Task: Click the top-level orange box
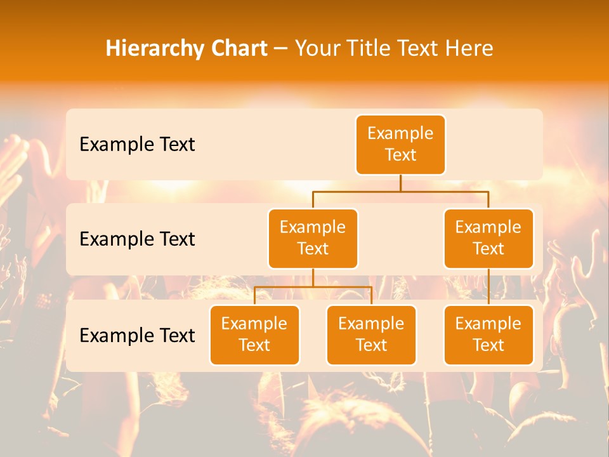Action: click(400, 145)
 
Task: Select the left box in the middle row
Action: click(313, 238)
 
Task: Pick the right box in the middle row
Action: click(488, 238)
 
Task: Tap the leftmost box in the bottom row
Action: click(254, 334)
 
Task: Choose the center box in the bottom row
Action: click(371, 334)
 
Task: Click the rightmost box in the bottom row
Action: click(488, 334)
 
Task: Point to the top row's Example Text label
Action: click(137, 145)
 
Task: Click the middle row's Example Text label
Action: click(137, 239)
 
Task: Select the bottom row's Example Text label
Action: click(137, 335)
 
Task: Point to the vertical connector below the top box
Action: click(400, 183)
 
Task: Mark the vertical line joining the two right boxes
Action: click(488, 287)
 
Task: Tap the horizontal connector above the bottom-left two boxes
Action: click(313, 287)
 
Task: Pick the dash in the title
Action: click(281, 49)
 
